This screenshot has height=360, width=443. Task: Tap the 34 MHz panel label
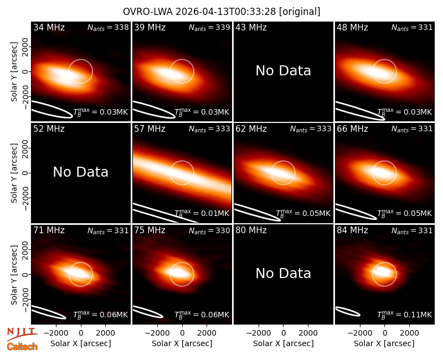pyautogui.click(x=49, y=27)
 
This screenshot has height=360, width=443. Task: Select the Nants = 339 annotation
pyautogui.click(x=209, y=27)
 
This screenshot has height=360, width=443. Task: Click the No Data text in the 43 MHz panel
pyautogui.click(x=283, y=71)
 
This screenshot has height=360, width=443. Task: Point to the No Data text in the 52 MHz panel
pyautogui.click(x=80, y=172)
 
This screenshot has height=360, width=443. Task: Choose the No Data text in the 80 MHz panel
pyautogui.click(x=283, y=273)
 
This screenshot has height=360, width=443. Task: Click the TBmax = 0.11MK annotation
pyautogui.click(x=405, y=315)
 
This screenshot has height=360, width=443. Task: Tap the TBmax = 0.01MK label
pyautogui.click(x=202, y=213)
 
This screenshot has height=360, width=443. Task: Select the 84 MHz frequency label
pyautogui.click(x=352, y=230)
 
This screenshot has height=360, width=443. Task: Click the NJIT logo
pyautogui.click(x=22, y=334)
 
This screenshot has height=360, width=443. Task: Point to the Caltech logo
pyautogui.click(x=22, y=347)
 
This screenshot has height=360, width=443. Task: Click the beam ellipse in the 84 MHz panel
pyautogui.click(x=348, y=311)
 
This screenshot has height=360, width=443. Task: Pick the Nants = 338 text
pyautogui.click(x=108, y=27)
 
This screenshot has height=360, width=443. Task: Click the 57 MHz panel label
pyautogui.click(x=150, y=129)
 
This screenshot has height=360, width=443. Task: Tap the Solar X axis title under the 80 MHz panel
pyautogui.click(x=284, y=343)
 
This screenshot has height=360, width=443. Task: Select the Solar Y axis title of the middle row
pyautogui.click(x=14, y=173)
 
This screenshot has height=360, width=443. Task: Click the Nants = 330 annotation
pyautogui.click(x=209, y=230)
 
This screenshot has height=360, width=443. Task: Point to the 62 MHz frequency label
pyautogui.click(x=251, y=129)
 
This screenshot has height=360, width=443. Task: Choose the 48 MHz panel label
pyautogui.click(x=352, y=27)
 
